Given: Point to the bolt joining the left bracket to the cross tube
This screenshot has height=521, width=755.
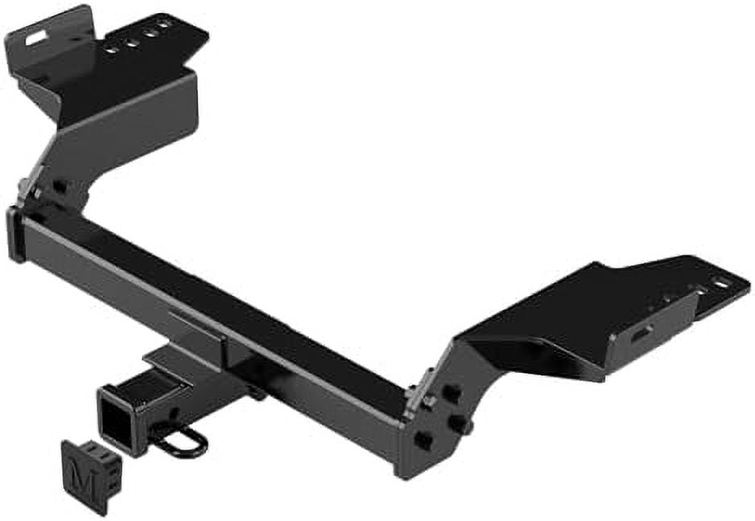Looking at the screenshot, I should pyautogui.click(x=59, y=187).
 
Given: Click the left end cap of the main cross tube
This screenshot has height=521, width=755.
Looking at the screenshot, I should pyautogui.click(x=14, y=234).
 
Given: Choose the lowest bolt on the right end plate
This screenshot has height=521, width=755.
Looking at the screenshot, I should pyautogui.click(x=421, y=440).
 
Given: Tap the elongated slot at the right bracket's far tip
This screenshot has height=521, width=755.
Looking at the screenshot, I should pyautogui.click(x=720, y=282).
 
